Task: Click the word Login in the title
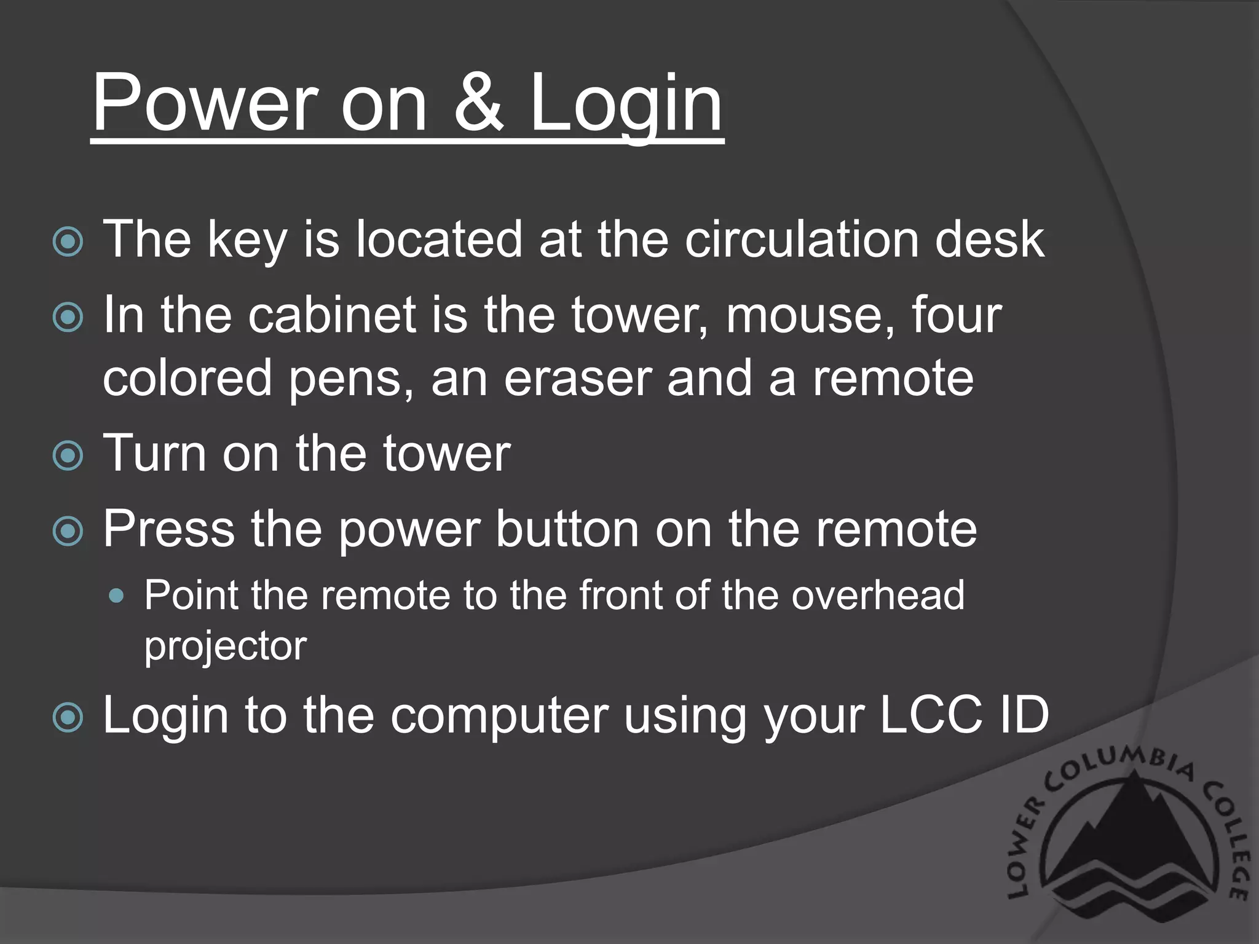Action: pos(626,104)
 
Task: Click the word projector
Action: pos(225,647)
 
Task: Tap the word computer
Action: pos(499,717)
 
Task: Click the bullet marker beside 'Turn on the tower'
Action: pos(68,456)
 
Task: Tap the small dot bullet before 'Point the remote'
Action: pos(116,596)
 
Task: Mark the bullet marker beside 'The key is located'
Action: pos(68,242)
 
